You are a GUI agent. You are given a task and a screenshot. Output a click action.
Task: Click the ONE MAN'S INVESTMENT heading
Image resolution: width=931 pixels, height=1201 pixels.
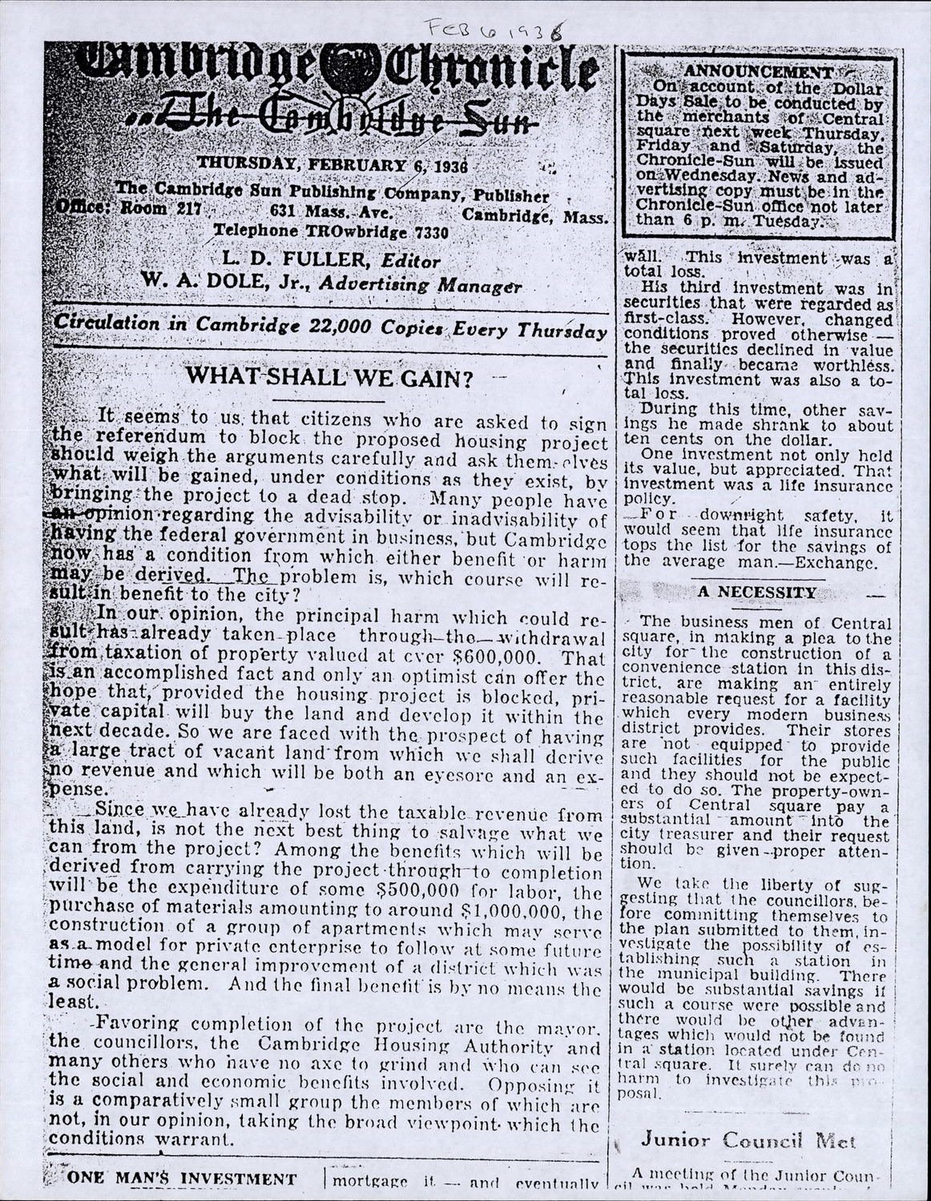point(183,1179)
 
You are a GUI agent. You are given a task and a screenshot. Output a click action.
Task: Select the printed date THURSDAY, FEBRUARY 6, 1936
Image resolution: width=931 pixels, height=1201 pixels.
point(331,166)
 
